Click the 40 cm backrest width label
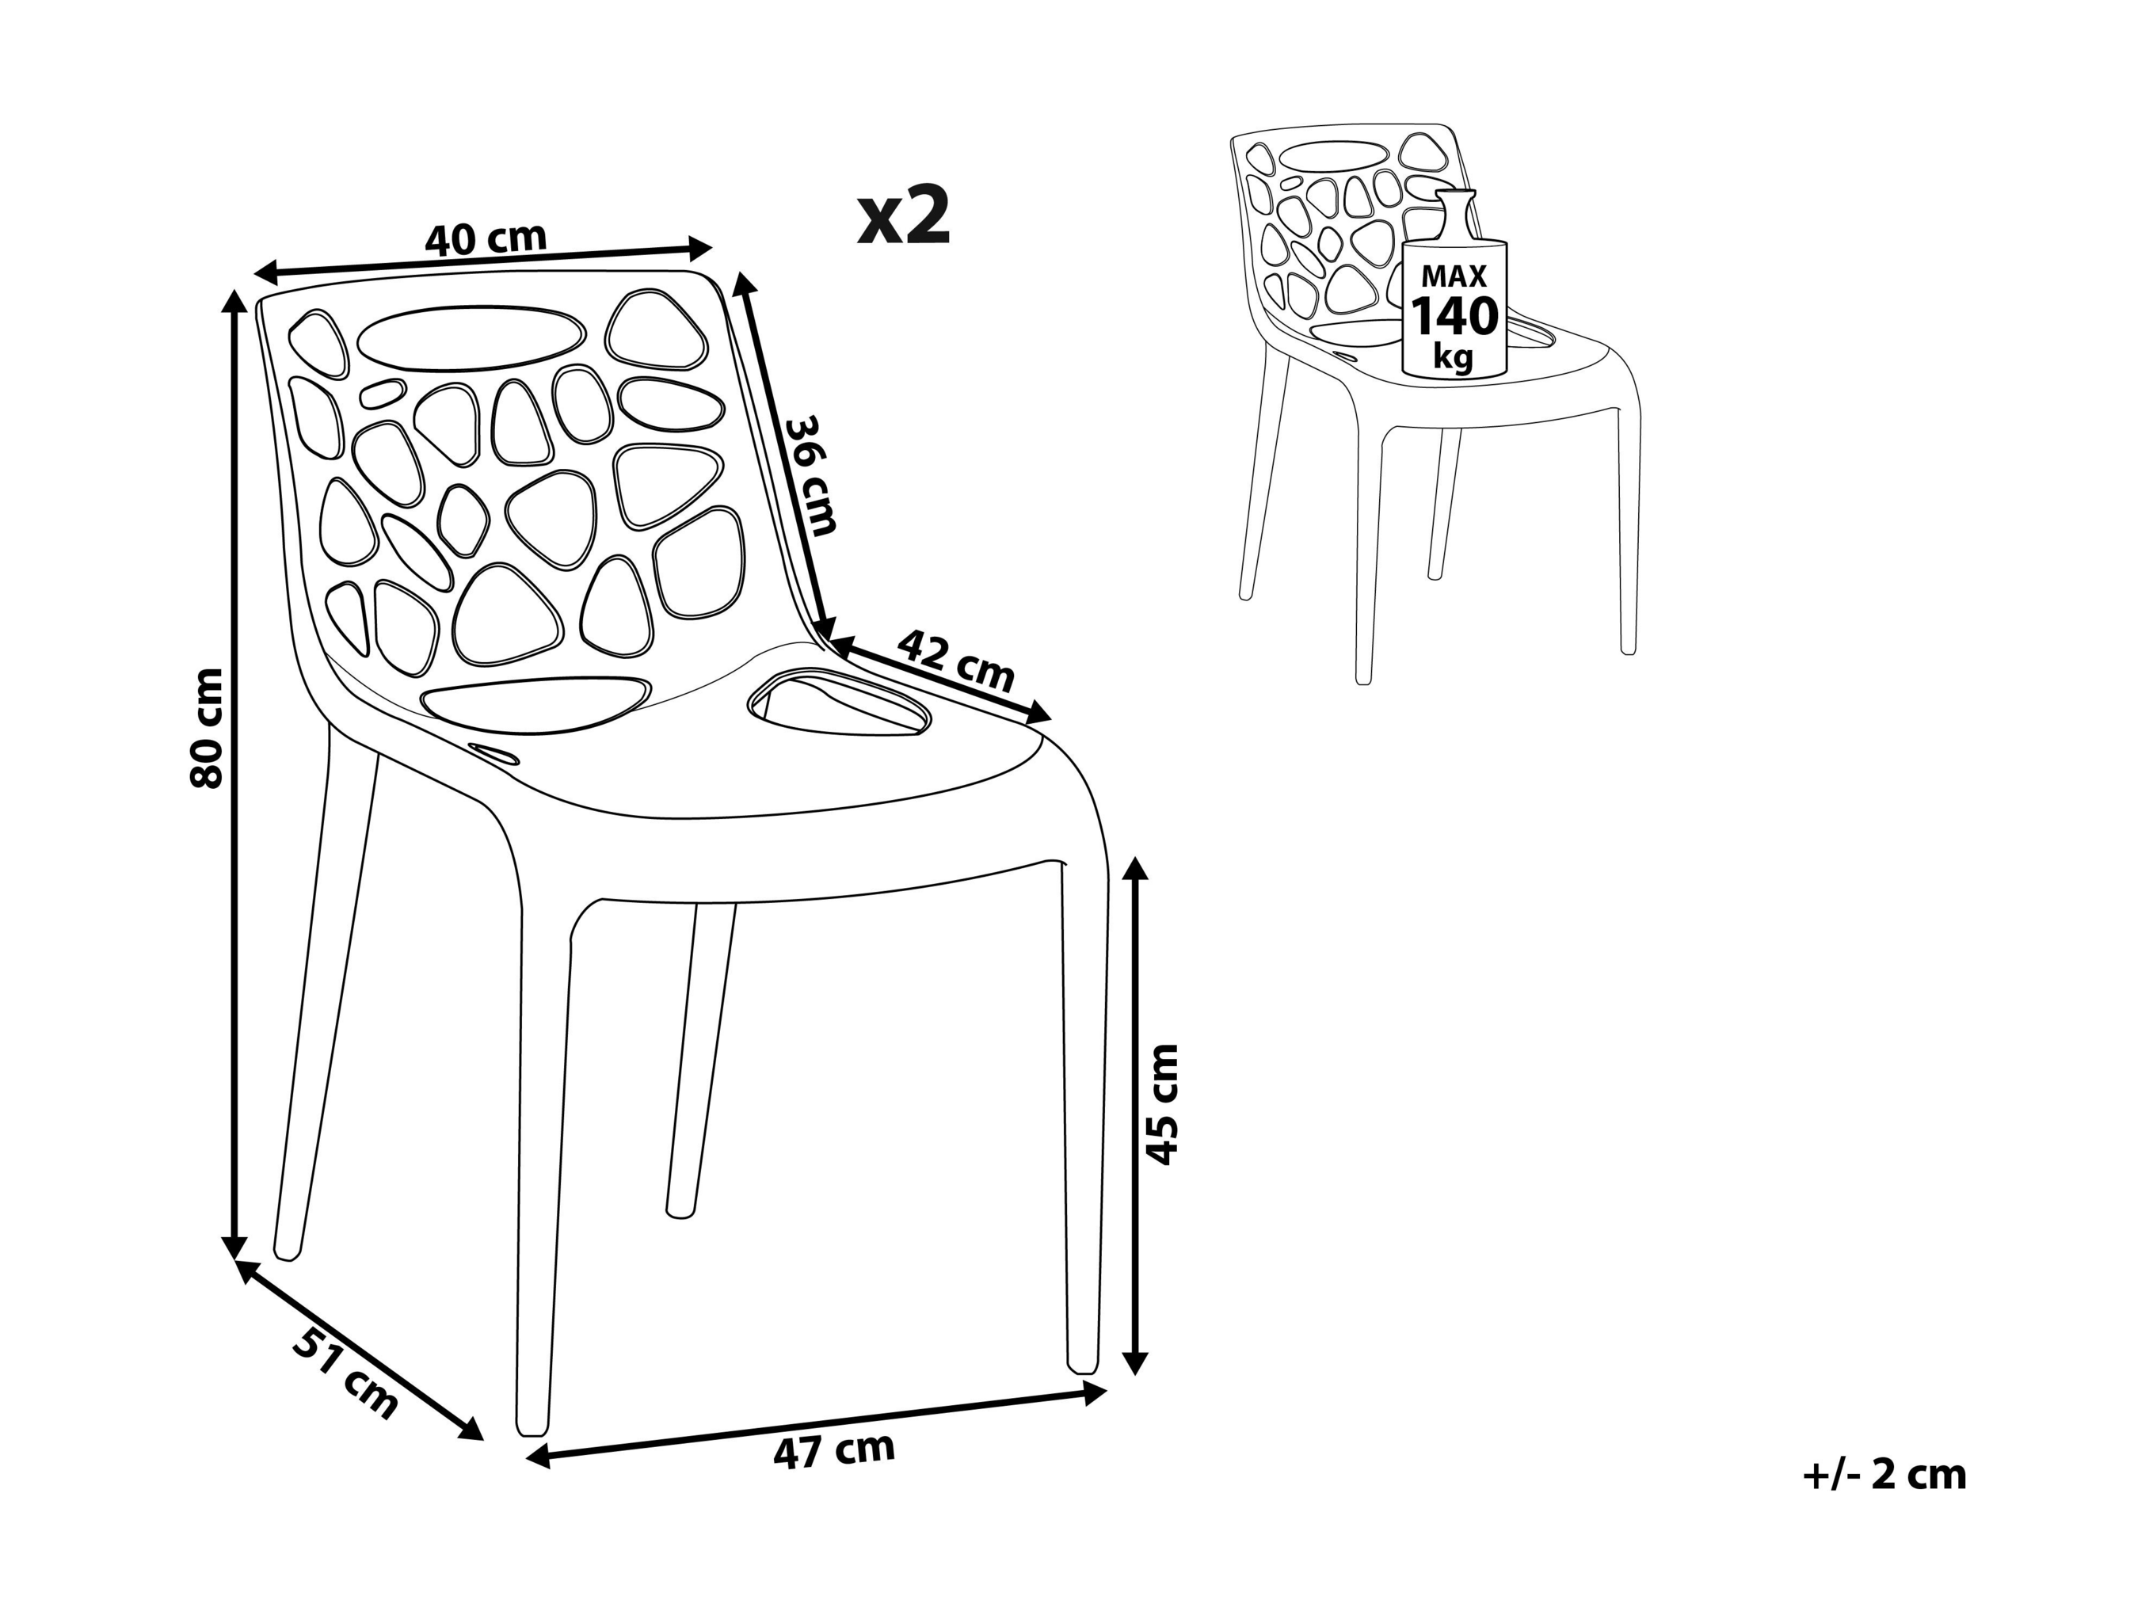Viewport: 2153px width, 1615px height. coord(486,238)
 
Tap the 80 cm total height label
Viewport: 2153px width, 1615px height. coord(208,727)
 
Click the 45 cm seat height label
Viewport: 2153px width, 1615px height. coord(1163,1104)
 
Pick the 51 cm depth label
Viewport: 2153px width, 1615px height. coord(346,1373)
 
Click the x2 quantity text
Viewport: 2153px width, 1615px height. coord(903,216)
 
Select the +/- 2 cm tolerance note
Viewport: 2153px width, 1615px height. coord(1884,1474)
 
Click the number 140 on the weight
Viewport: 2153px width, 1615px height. coord(1455,316)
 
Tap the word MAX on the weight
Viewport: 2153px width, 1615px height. coord(1454,276)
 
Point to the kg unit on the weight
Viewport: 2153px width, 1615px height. coord(1454,358)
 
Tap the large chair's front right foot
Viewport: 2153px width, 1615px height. coord(1082,1363)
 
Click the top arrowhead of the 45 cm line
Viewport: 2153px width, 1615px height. coord(1135,870)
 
